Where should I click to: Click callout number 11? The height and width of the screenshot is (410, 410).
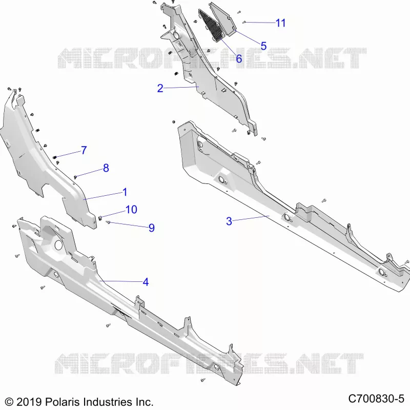(x=280, y=23)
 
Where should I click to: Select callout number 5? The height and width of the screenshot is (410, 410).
(x=263, y=46)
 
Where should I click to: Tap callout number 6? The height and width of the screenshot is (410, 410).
(x=239, y=58)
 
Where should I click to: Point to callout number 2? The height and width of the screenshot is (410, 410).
(x=160, y=88)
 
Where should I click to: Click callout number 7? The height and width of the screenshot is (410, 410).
(x=84, y=150)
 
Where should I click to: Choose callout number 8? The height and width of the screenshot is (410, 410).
(x=106, y=168)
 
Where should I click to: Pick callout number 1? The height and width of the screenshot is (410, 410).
(x=125, y=192)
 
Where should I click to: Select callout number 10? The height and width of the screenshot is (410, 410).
(x=131, y=210)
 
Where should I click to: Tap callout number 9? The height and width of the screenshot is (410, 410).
(x=152, y=228)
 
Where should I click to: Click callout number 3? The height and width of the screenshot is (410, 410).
(x=229, y=221)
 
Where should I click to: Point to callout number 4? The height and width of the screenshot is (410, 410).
(x=146, y=282)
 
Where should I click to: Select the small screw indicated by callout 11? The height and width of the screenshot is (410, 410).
(x=244, y=22)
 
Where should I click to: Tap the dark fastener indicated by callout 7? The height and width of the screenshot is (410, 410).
(x=55, y=157)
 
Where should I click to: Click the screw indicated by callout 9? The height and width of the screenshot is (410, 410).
(x=108, y=222)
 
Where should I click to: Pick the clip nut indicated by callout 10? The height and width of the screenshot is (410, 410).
(x=100, y=217)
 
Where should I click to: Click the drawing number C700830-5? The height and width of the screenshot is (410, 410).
(x=376, y=399)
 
